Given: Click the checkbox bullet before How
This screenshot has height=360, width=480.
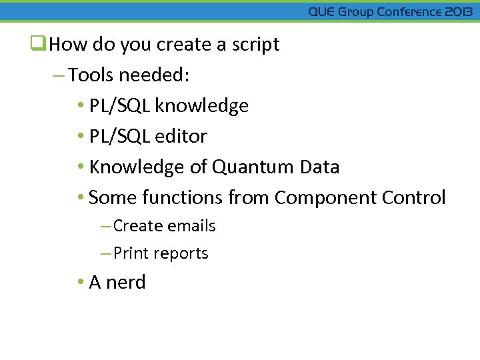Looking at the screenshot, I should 38,45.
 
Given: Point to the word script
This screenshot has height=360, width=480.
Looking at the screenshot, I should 255,45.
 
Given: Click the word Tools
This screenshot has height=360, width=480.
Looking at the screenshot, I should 91,75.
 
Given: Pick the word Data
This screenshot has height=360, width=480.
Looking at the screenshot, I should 320,167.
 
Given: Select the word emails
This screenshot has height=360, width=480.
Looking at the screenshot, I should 192,226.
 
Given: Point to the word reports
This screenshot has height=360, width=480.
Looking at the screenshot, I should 181,253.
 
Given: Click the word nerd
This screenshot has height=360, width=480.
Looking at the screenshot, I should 125,283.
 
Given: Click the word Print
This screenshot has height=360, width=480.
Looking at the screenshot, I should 131,253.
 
